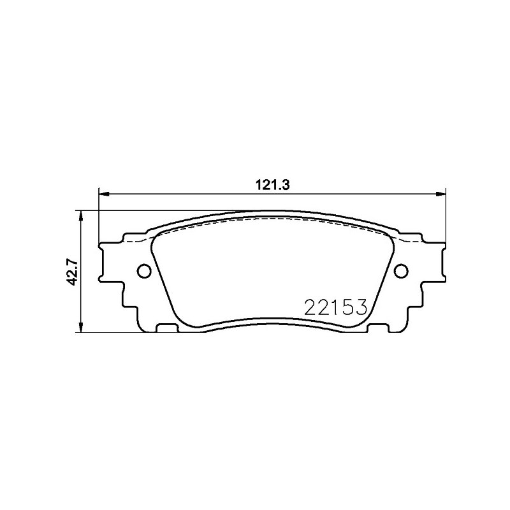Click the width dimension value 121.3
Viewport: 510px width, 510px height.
[273, 186]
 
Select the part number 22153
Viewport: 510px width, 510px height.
[335, 307]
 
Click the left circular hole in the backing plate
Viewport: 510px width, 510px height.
[144, 270]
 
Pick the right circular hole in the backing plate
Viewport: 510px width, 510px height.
[401, 270]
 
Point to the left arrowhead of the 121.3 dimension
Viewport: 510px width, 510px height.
[103, 194]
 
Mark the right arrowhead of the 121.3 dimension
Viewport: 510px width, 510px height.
[441, 194]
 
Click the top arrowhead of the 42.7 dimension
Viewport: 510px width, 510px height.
[80, 215]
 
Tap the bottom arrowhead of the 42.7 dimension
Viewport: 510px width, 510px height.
[80, 328]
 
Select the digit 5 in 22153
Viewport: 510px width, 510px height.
[347, 307]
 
